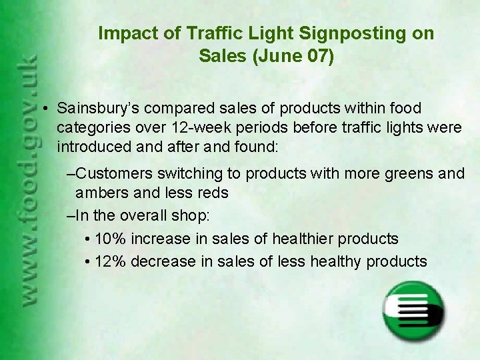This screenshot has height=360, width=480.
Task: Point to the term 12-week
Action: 291,127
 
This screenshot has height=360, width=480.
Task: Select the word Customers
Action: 114,174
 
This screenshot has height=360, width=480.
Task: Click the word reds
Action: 213,193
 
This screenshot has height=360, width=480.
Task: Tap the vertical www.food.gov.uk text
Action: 29,180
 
